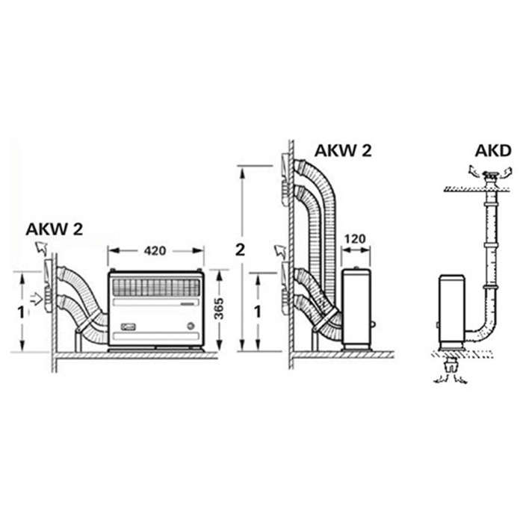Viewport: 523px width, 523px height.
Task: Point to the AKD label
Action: tap(492, 152)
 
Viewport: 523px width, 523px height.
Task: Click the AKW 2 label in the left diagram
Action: tap(54, 229)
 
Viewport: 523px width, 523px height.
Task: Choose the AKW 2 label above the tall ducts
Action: tap(343, 150)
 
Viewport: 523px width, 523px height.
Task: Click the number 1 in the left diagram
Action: tap(21, 312)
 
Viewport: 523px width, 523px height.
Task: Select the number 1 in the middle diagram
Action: tap(258, 312)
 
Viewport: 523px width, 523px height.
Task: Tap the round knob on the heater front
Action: tap(192, 325)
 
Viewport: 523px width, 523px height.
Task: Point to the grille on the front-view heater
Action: tap(155, 286)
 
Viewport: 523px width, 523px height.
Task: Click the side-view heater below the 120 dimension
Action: tap(356, 309)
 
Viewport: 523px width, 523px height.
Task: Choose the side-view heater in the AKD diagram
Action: tap(451, 311)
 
